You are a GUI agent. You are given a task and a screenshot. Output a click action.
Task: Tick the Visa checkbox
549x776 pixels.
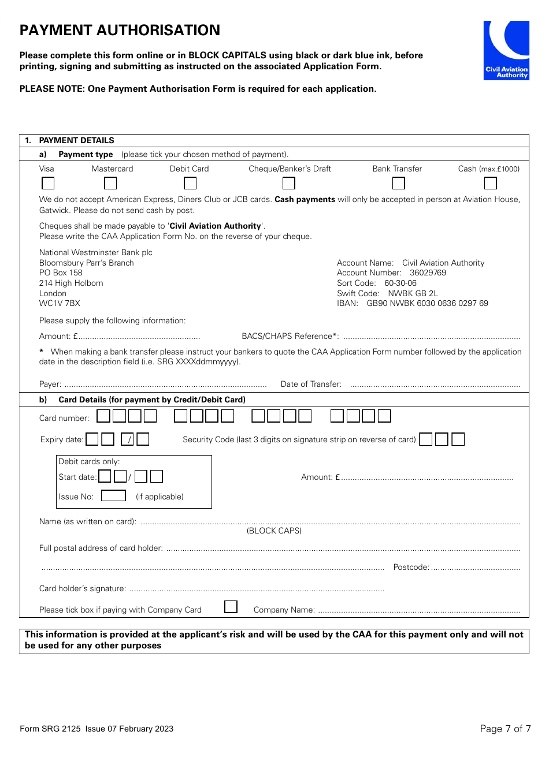(48, 183)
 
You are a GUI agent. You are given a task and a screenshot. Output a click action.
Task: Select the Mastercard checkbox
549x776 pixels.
(110, 183)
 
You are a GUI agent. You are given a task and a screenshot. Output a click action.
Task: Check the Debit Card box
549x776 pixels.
(190, 183)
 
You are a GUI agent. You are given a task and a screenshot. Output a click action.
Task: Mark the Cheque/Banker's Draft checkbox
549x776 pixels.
(289, 183)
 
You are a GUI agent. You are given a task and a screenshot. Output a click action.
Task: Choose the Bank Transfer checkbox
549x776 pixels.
(399, 183)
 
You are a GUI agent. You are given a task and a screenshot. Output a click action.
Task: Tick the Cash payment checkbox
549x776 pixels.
(491, 183)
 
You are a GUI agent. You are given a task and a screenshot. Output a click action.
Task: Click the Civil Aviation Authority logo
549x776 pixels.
(506, 50)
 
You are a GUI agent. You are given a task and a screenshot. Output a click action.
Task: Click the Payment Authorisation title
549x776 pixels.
(120, 31)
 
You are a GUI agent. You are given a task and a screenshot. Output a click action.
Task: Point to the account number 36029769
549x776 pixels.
(428, 273)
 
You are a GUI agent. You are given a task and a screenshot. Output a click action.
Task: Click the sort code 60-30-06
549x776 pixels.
(400, 283)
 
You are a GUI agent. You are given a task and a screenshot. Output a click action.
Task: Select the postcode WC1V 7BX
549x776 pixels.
(60, 303)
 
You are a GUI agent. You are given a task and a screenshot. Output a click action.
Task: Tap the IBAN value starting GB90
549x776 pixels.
(427, 303)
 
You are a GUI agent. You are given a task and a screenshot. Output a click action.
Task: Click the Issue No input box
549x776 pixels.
(113, 496)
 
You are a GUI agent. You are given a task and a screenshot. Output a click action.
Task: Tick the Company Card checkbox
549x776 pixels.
(231, 607)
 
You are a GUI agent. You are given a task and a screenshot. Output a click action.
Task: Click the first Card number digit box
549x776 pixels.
(103, 416)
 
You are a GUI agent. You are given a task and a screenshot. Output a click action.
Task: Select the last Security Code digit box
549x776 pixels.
(458, 439)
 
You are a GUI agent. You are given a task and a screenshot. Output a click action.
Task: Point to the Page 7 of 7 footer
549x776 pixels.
(505, 729)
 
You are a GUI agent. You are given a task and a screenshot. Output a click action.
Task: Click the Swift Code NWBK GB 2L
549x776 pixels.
(413, 293)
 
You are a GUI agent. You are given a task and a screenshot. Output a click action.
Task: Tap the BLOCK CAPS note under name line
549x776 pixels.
(274, 531)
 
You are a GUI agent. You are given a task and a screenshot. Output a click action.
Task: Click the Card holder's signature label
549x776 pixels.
(82, 588)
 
